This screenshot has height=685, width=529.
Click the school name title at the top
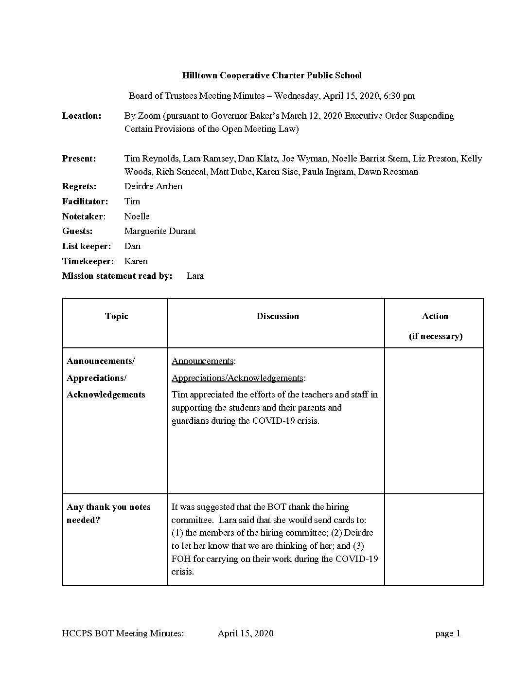click(x=272, y=75)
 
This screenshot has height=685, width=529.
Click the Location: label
click(x=82, y=116)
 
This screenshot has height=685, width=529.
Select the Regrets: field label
click(x=79, y=186)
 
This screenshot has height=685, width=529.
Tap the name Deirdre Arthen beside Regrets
click(x=153, y=186)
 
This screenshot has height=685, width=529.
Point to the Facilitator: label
click(x=85, y=201)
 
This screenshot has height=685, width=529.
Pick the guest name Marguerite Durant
click(x=160, y=231)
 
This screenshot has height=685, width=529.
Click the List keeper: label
click(x=87, y=246)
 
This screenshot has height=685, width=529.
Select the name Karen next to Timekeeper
click(x=136, y=261)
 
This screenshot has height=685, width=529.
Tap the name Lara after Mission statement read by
click(x=195, y=276)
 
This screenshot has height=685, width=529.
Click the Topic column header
click(x=116, y=316)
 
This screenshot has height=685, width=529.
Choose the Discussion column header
click(x=278, y=316)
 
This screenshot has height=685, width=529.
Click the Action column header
click(x=435, y=316)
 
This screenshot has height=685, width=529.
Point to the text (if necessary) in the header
click(x=435, y=336)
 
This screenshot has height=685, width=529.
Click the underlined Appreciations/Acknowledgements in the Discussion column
click(x=237, y=378)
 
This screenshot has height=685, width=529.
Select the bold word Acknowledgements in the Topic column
click(x=106, y=395)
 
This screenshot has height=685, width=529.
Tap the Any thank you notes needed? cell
click(x=108, y=513)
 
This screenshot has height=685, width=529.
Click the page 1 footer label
click(x=448, y=633)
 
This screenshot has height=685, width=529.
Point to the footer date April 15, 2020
click(x=246, y=633)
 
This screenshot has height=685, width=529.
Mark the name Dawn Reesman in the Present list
click(x=388, y=172)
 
